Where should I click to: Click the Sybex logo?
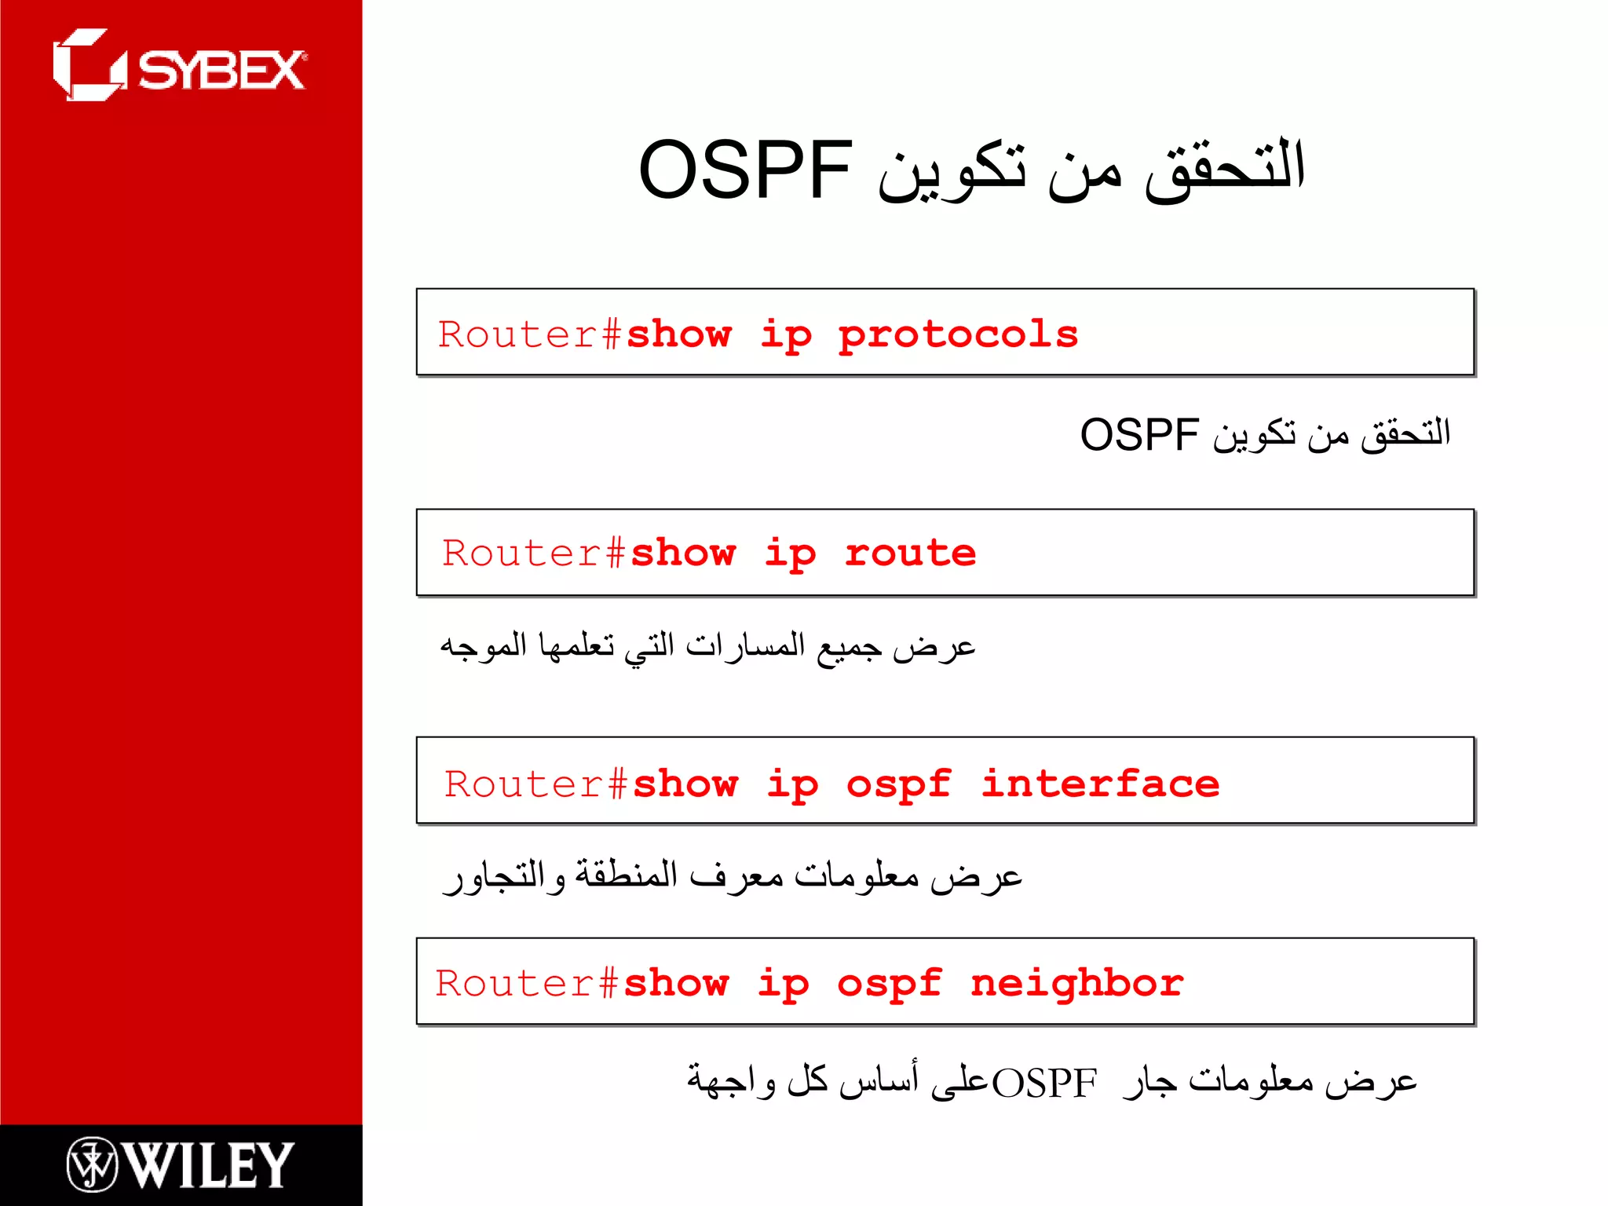click(179, 67)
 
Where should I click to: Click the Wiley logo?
click(181, 1164)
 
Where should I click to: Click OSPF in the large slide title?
click(745, 170)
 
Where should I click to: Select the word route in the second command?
click(910, 554)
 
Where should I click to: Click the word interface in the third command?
click(1100, 784)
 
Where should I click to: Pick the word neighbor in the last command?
click(1076, 984)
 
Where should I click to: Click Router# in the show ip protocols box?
click(531, 335)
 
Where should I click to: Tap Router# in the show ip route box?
click(534, 554)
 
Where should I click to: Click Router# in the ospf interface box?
click(536, 784)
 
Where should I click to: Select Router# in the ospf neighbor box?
click(528, 984)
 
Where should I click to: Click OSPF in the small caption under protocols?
click(1139, 435)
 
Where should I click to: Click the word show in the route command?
click(683, 554)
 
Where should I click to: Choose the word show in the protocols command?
click(679, 335)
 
